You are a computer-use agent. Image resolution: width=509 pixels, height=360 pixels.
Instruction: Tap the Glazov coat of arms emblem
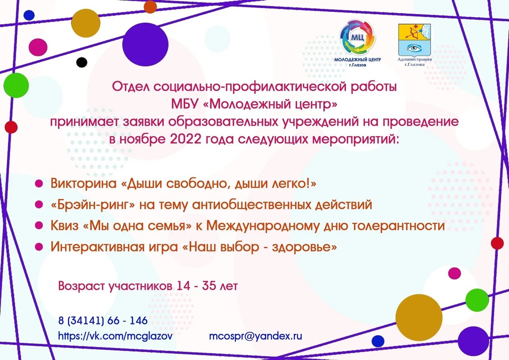click(414, 39)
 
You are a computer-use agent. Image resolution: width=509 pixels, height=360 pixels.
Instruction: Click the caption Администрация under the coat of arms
click(414, 59)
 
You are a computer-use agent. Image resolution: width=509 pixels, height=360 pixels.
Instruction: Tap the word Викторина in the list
click(84, 183)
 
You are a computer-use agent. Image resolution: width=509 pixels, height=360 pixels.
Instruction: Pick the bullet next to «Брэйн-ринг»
click(39, 204)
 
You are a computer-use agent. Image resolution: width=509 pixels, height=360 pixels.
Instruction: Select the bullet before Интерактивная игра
click(39, 247)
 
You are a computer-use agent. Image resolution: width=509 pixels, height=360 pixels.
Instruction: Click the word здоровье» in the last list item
click(305, 247)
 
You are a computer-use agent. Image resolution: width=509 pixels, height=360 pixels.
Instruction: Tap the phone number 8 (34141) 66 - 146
click(103, 320)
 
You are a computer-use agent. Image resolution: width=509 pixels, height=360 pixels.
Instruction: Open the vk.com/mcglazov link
click(115, 336)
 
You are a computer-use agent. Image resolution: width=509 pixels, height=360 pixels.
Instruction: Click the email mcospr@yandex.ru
click(256, 336)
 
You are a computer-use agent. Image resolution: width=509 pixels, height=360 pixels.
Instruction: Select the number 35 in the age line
click(210, 286)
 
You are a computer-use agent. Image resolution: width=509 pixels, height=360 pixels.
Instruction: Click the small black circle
click(82, 62)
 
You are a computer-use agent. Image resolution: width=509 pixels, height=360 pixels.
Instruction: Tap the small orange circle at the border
click(150, 6)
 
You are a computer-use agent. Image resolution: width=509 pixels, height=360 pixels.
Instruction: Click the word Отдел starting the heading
click(130, 86)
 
